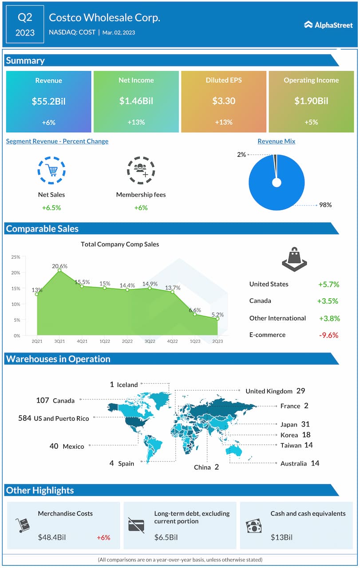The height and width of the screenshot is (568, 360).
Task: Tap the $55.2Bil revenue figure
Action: point(48,101)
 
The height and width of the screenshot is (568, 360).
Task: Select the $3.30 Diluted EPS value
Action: point(224,101)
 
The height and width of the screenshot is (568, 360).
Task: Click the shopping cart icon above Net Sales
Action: point(51,170)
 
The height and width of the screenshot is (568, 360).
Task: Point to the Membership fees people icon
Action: point(141,170)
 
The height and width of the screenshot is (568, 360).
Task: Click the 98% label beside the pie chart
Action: point(325,205)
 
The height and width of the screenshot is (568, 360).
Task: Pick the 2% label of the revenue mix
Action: point(241,154)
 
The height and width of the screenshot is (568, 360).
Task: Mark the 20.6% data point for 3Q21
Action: point(59,270)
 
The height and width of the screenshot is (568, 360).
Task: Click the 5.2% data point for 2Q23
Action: point(218,319)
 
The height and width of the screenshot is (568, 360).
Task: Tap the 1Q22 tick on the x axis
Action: point(105,341)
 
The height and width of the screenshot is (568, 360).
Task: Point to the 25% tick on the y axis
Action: point(16,257)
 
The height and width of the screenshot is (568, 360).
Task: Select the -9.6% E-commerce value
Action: point(328,335)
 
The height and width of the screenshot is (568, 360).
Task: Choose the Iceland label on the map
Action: point(127,385)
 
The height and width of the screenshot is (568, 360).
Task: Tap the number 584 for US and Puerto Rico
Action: point(25,418)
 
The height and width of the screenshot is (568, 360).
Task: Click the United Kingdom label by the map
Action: point(269,391)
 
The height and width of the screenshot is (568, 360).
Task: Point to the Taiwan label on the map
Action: point(291,446)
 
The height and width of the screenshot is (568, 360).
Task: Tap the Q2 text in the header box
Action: point(25,18)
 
